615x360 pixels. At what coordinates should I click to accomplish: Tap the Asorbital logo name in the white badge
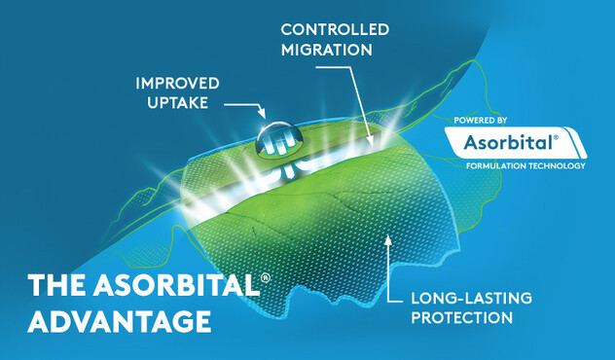[507, 142]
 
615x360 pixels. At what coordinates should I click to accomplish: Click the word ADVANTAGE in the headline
[120, 320]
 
